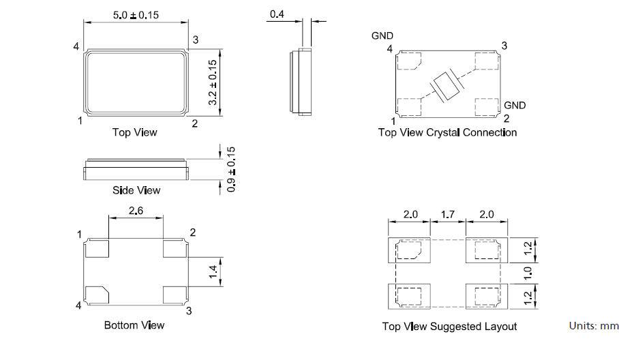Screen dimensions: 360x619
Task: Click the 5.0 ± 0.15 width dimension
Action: coord(135,15)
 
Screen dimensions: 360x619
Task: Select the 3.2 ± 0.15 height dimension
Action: coord(213,82)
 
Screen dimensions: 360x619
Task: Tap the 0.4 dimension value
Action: coord(277,14)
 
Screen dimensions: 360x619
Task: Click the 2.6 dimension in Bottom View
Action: coord(136,212)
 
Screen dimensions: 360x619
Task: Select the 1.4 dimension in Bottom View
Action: coord(213,273)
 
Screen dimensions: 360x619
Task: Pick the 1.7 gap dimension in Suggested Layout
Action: coord(448,215)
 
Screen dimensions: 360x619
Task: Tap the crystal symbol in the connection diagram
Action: coord(448,86)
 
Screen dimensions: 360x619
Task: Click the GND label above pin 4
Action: coord(382,35)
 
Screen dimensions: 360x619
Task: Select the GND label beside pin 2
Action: coord(515,106)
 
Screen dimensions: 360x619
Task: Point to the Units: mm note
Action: coord(593,327)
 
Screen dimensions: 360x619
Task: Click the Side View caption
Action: coord(136,190)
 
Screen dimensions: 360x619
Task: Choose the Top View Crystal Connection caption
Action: coord(447,132)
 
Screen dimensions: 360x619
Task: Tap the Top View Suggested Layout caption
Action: coord(449,327)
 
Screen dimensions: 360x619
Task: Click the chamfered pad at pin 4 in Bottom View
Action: coord(97,295)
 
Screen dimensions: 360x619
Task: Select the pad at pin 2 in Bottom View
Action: coord(174,248)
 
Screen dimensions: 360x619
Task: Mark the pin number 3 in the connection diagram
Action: coord(504,46)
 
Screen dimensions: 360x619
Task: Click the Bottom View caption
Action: coord(134,325)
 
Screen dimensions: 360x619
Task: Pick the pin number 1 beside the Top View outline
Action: coord(80,121)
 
